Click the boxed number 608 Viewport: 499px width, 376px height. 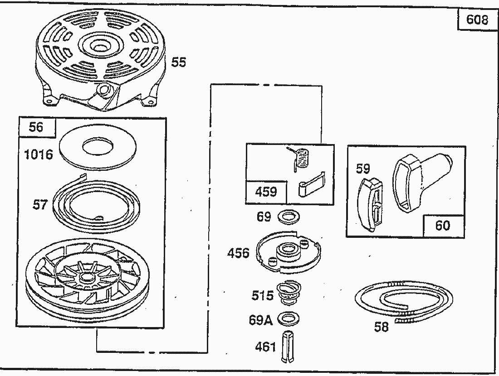(x=476, y=20)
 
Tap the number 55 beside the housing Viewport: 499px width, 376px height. (x=178, y=62)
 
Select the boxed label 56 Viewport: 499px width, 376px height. (x=36, y=127)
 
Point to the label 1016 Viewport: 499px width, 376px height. (x=39, y=154)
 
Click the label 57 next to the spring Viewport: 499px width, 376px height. (x=40, y=205)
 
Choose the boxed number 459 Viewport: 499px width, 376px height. (x=266, y=192)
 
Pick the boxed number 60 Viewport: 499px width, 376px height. (x=443, y=225)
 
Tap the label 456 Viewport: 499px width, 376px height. (x=238, y=253)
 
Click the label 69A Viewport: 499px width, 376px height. (x=261, y=320)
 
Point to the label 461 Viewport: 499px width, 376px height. (x=265, y=347)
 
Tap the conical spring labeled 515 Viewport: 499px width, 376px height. (x=288, y=294)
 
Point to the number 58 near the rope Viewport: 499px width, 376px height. (x=382, y=327)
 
